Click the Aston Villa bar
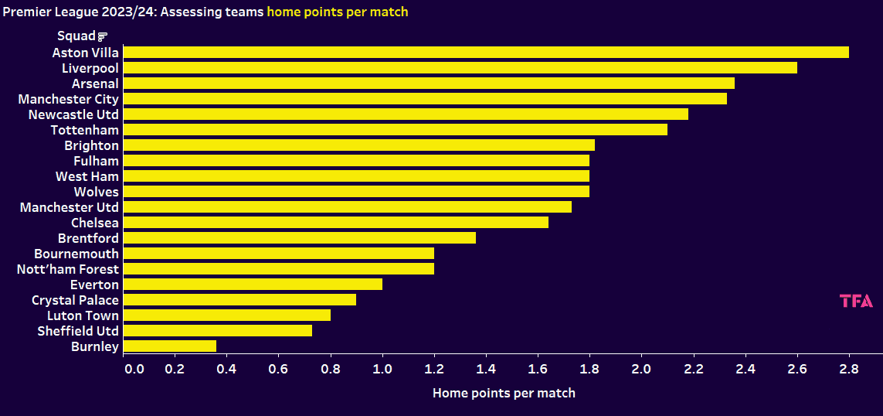pyautogui.click(x=486, y=53)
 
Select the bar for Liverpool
pyautogui.click(x=460, y=68)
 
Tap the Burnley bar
pyautogui.click(x=169, y=346)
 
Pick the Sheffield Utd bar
pyautogui.click(x=217, y=331)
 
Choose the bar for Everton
pyautogui.click(x=253, y=285)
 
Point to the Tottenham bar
pyautogui.click(x=395, y=130)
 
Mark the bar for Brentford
pyautogui.click(x=299, y=238)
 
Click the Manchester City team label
pyautogui.click(x=69, y=99)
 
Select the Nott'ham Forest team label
pyautogui.click(x=68, y=269)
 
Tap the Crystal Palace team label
pyautogui.click(x=75, y=300)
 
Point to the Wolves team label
pyautogui.click(x=97, y=192)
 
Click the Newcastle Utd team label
pyautogui.click(x=73, y=114)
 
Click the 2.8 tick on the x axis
pyautogui.click(x=849, y=369)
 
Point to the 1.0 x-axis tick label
pyautogui.click(x=382, y=369)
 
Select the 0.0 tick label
pyautogui.click(x=134, y=369)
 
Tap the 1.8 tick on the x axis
pyautogui.click(x=589, y=369)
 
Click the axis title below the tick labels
pyautogui.click(x=504, y=393)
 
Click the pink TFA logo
pyautogui.click(x=856, y=302)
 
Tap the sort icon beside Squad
pyautogui.click(x=103, y=36)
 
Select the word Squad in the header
pyautogui.click(x=76, y=36)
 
